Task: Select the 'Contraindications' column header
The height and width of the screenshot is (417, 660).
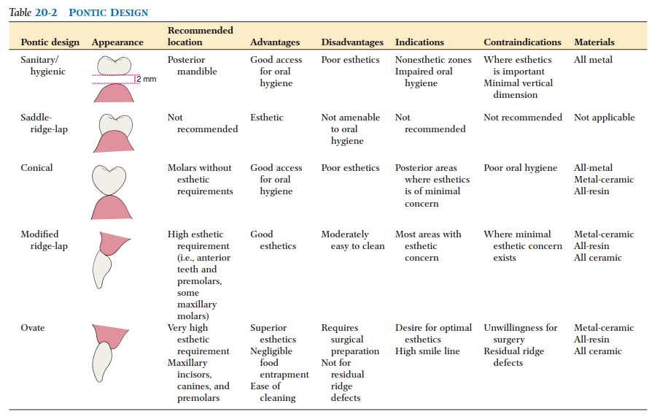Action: point(522,42)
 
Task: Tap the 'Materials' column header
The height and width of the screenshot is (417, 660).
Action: point(594,42)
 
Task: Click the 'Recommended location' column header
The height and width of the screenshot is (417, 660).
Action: point(201,37)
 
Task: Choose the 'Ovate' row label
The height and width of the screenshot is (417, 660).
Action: point(33,328)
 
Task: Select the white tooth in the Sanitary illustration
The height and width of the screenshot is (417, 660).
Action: point(113,66)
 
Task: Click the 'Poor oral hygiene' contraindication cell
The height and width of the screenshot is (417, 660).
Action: point(520,168)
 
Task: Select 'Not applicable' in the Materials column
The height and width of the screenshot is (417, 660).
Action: point(604,118)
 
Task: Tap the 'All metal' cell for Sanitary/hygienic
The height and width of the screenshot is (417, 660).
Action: point(593,60)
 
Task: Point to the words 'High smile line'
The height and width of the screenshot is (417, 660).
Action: point(427,351)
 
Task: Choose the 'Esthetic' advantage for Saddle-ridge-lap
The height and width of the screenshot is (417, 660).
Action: point(266,118)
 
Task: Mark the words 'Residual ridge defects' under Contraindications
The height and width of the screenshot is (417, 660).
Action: point(513,357)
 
